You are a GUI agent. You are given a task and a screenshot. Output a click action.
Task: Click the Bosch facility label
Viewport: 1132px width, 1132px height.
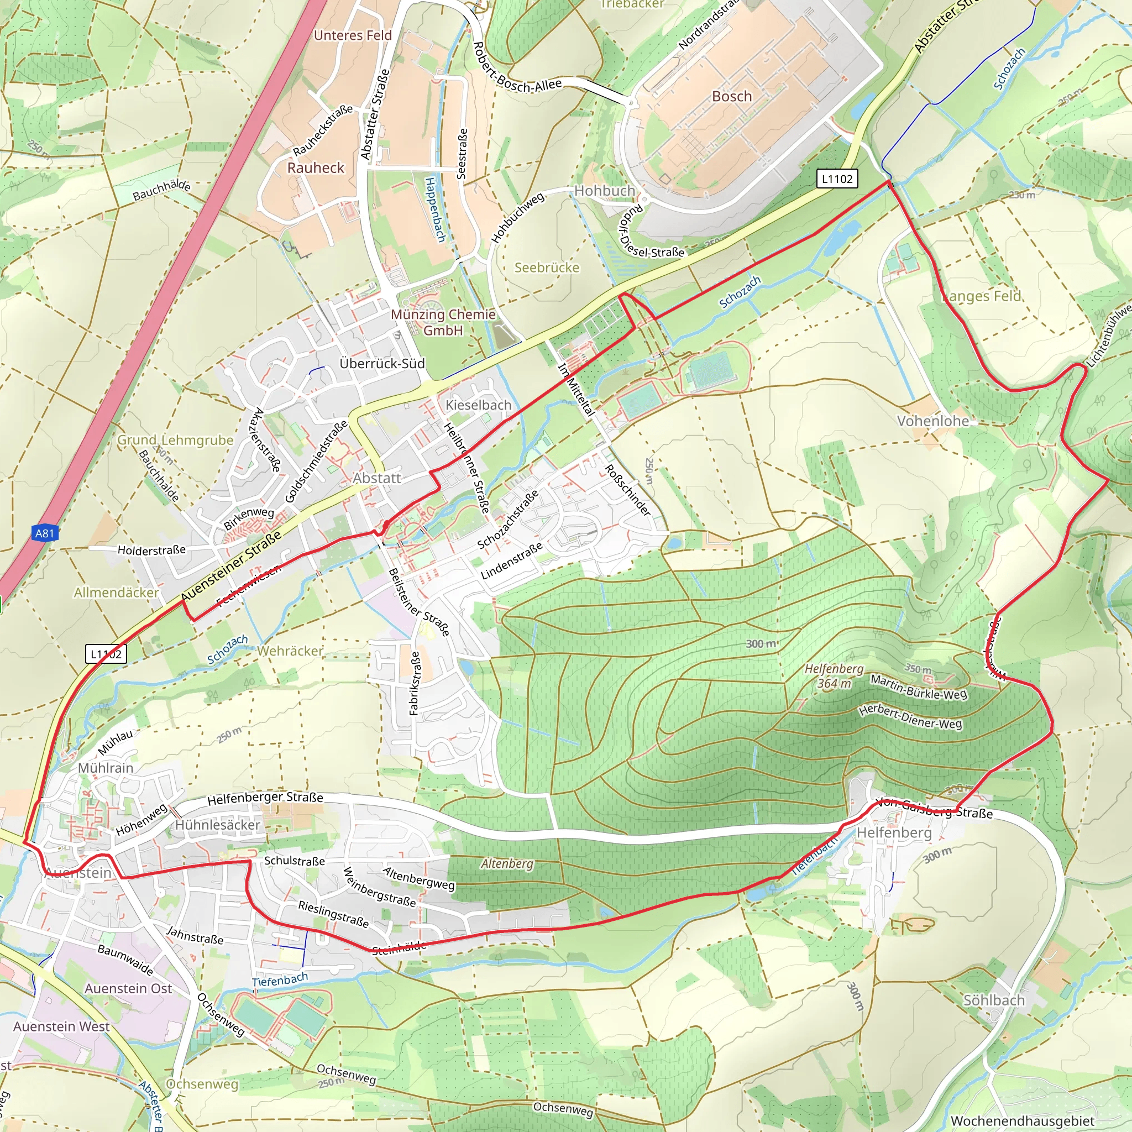click(x=731, y=96)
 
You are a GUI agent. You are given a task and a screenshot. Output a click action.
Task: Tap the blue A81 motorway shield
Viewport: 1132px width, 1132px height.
click(x=45, y=533)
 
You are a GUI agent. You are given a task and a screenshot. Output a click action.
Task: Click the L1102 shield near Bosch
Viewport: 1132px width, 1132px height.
click(x=837, y=179)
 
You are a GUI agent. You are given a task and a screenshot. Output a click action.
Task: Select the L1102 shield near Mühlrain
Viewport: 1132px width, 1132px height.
click(x=106, y=654)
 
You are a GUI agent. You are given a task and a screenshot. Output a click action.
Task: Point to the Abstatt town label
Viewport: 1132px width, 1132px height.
click(x=377, y=478)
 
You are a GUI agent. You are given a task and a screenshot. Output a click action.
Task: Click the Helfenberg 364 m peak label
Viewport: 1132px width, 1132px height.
click(x=834, y=675)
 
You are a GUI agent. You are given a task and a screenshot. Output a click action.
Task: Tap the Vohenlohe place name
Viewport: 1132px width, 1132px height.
click(x=933, y=421)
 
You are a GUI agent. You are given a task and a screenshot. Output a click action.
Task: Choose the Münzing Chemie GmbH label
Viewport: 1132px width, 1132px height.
click(x=443, y=322)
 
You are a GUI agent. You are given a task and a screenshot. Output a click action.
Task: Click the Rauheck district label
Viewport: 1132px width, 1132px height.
click(x=316, y=167)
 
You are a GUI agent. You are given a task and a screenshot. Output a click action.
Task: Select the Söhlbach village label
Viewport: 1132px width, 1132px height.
click(x=994, y=1000)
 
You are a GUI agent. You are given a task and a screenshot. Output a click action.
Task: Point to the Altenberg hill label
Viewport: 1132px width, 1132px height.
click(x=507, y=864)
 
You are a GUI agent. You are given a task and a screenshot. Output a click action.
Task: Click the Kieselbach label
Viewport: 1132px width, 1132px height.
click(x=478, y=405)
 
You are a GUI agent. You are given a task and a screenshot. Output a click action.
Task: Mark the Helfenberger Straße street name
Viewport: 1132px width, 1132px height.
click(x=265, y=798)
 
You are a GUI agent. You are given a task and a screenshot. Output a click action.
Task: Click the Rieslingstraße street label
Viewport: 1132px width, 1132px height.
click(x=333, y=914)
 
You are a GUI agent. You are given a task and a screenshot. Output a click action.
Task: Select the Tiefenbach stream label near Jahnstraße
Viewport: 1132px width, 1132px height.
click(x=280, y=979)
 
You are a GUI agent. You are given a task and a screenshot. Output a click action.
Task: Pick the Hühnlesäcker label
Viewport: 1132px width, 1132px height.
click(x=217, y=825)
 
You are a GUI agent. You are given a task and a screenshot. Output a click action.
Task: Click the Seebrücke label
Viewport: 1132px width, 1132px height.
click(x=547, y=268)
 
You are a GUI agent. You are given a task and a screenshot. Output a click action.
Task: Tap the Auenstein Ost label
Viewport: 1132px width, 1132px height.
click(x=128, y=988)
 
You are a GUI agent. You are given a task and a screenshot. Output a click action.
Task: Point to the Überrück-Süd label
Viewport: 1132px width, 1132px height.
click(x=382, y=363)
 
